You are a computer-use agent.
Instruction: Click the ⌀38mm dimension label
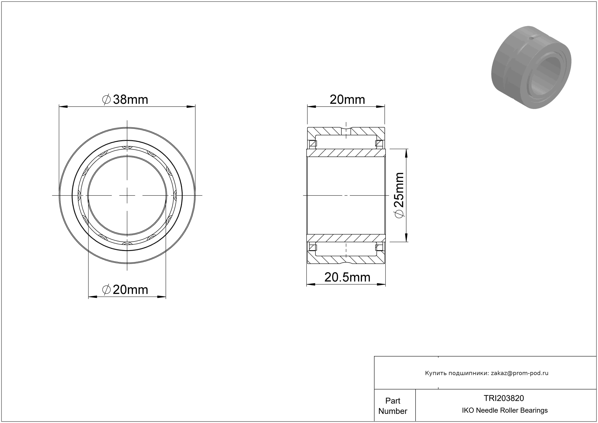coord(125,99)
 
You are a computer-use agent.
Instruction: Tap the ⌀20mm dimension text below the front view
coord(125,290)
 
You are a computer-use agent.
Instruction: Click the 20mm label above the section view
coord(347,99)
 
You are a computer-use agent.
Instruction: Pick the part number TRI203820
coord(504,398)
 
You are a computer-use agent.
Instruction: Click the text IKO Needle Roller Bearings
coord(505,410)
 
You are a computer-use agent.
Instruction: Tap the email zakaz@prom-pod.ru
coord(520,373)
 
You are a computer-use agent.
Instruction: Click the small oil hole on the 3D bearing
coord(531,39)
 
